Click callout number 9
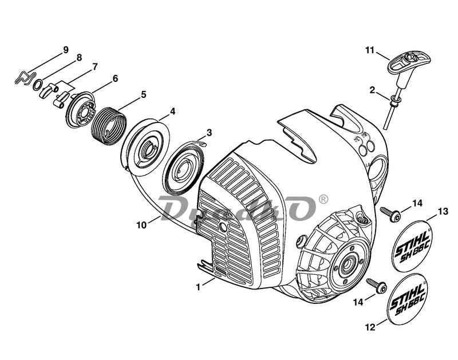(66, 49)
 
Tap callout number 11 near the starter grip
(370, 51)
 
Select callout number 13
(443, 212)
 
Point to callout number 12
(369, 328)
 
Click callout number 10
(141, 225)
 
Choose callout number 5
(143, 94)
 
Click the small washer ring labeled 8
(38, 86)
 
